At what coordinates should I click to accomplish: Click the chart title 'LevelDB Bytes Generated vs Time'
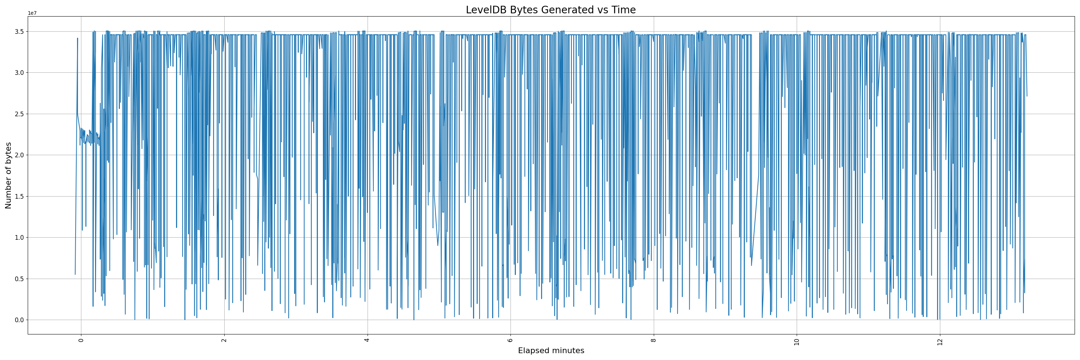coord(550,10)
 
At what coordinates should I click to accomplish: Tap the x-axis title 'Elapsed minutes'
coord(551,350)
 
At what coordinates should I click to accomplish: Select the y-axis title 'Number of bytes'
coord(8,175)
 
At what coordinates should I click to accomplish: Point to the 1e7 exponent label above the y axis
coord(32,13)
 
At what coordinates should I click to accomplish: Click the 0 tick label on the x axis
coord(81,340)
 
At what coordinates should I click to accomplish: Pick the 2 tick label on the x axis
coord(224,340)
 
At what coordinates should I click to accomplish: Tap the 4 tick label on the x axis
coord(367,340)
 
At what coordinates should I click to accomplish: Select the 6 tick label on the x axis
coord(510,340)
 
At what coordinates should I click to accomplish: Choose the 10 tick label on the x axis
coord(797,342)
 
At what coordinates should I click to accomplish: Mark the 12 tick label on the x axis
coord(940,342)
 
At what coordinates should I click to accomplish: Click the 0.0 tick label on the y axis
coord(18,320)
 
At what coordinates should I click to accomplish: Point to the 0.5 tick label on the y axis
coord(18,279)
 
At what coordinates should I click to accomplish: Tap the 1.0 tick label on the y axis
coord(18,238)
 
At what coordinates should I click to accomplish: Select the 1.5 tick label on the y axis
coord(18,196)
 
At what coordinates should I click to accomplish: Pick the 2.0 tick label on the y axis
coord(18,155)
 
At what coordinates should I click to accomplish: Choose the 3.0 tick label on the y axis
coord(18,72)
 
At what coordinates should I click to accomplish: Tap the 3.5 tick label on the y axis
coord(18,31)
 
